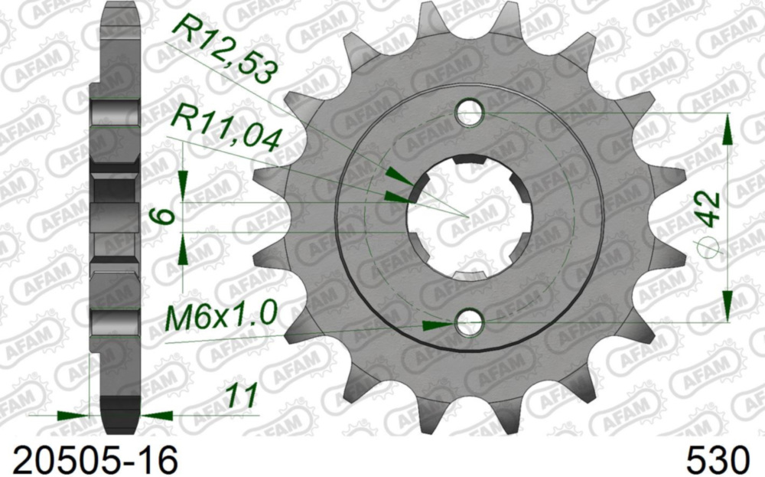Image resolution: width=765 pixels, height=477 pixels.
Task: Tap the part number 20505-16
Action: tap(90, 459)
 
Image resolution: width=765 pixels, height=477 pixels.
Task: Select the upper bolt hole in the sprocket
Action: tap(470, 113)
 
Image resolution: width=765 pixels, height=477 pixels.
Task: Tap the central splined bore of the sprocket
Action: tap(467, 217)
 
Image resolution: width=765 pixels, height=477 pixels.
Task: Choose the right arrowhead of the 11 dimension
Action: tap(155, 416)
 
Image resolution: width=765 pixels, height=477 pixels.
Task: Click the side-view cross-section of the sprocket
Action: tap(115, 214)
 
